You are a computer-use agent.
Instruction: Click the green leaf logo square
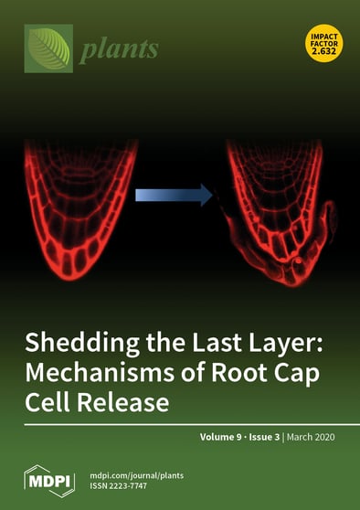coord(48,48)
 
